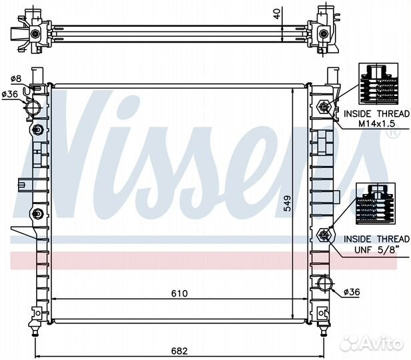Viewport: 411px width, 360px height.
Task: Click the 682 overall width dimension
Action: pos(179,351)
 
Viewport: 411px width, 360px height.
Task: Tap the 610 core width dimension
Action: pos(179,293)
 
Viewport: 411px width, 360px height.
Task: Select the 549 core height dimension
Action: pos(288,203)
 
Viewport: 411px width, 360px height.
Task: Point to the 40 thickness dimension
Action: pos(276,13)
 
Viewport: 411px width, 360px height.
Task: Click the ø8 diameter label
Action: pos(16,79)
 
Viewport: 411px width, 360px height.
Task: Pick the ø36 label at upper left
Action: pos(10,94)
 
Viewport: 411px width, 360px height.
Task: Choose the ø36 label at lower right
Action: pos(352,291)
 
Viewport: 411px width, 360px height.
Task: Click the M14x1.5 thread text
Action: pos(376,123)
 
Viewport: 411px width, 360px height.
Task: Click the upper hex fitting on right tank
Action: pos(324,107)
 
